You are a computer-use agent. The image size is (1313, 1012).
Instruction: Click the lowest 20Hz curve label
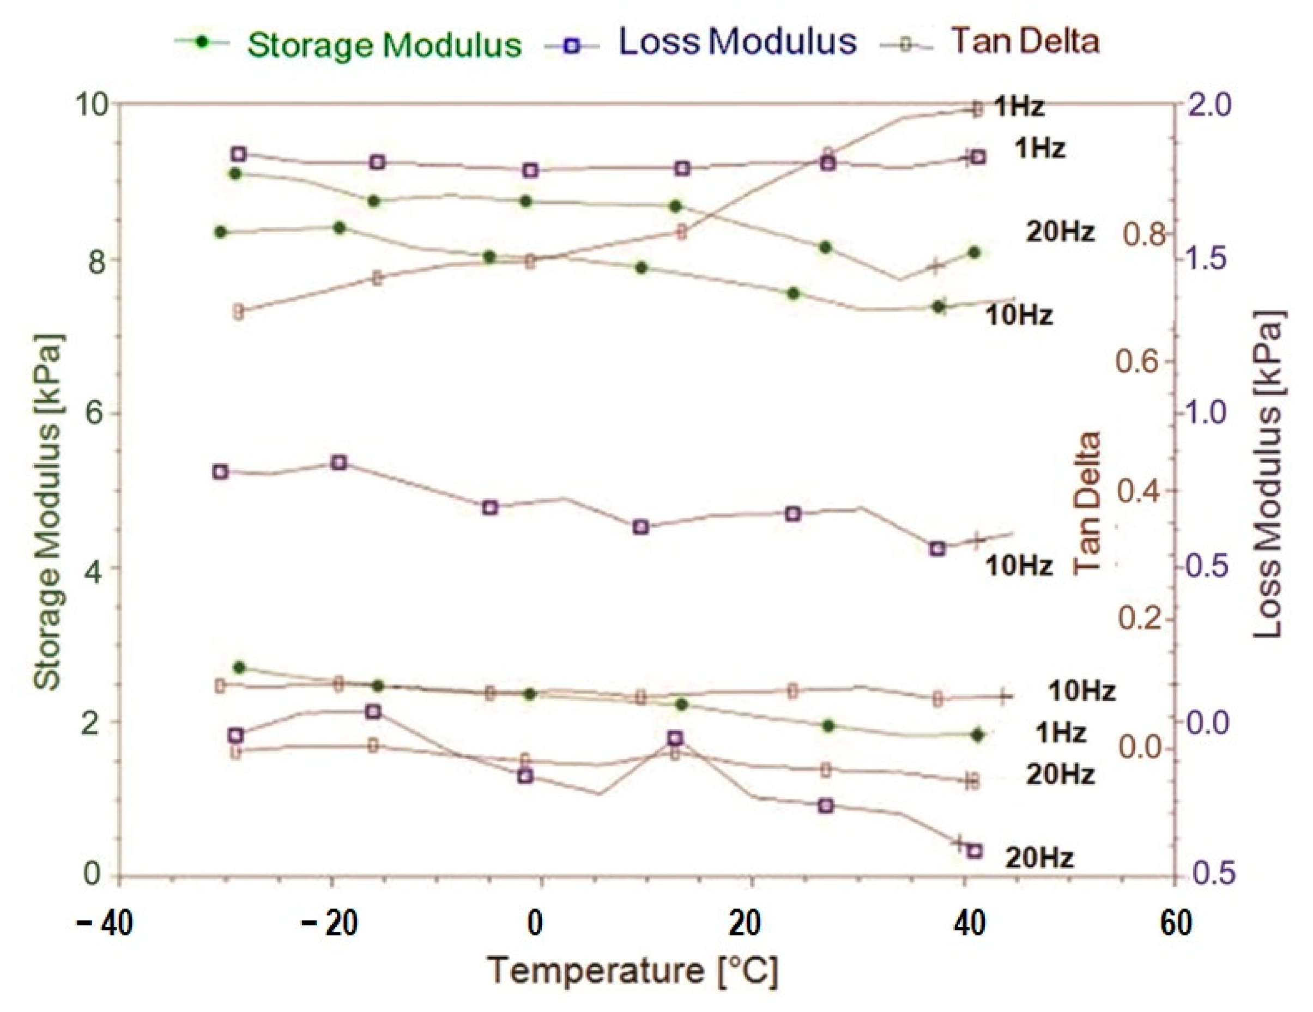1039,858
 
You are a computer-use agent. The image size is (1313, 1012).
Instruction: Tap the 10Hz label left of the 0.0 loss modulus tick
1081,691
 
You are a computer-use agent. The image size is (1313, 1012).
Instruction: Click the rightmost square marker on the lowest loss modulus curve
975,850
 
